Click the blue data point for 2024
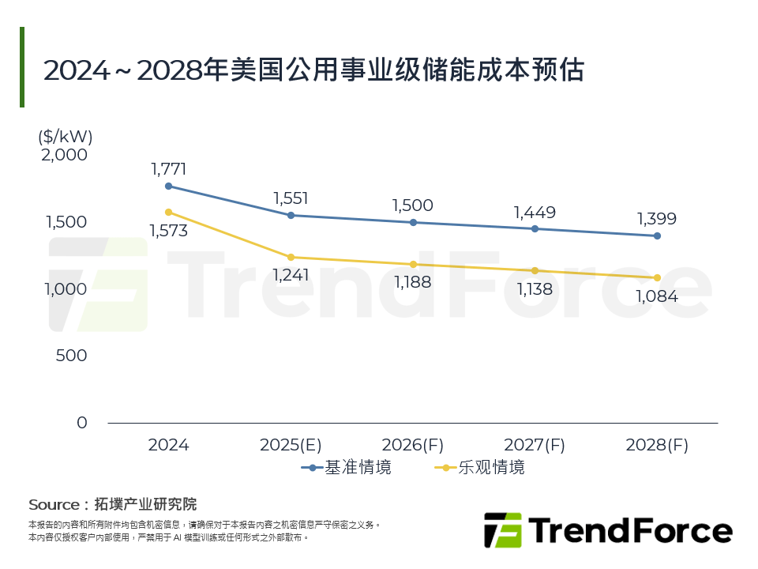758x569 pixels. [x=168, y=187]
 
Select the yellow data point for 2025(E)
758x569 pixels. [x=291, y=257]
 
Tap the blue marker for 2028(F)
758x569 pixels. [x=657, y=236]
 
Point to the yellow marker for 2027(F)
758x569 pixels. [x=535, y=270]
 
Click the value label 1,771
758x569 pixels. [x=168, y=168]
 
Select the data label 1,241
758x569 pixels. [x=291, y=275]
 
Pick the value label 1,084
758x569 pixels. [x=656, y=296]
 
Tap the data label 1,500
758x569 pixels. [x=412, y=205]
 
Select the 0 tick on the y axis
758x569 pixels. [x=82, y=423]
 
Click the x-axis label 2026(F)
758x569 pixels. [x=413, y=445]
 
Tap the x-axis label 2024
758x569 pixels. [x=168, y=445]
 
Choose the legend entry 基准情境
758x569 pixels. [x=347, y=467]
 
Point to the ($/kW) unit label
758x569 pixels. [x=66, y=136]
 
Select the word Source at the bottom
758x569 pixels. [x=54, y=504]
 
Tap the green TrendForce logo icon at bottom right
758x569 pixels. [x=502, y=530]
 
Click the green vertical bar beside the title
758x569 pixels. [x=22, y=67]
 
